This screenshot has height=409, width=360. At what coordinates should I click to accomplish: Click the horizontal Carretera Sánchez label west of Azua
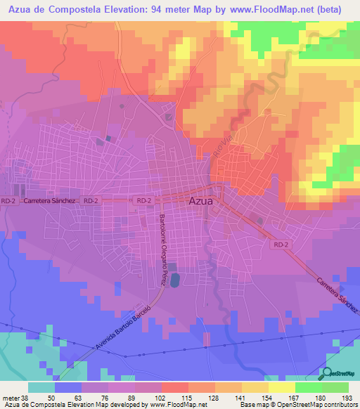click(49, 201)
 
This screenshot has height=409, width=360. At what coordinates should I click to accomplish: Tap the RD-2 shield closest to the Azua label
click(144, 201)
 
